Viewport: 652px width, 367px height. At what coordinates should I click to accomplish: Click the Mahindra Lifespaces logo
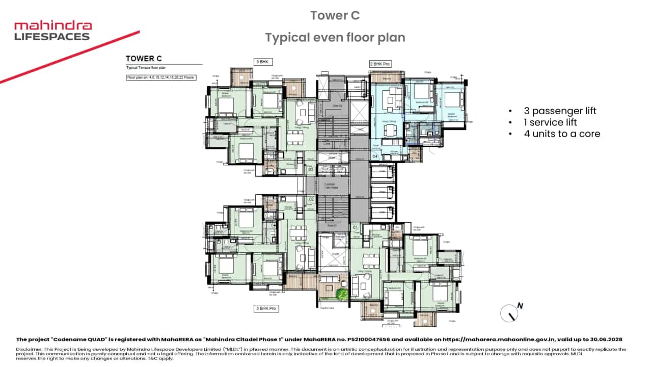click(52, 31)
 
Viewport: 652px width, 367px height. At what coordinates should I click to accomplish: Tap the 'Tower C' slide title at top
click(335, 16)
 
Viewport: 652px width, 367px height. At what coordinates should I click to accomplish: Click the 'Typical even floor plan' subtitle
click(335, 37)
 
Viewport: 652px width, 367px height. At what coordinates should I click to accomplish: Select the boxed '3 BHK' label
click(264, 62)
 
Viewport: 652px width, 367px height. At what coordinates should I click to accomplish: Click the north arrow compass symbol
click(511, 312)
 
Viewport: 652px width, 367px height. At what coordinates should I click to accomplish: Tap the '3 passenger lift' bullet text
click(560, 111)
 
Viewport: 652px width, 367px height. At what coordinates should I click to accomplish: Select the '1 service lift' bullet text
click(556, 122)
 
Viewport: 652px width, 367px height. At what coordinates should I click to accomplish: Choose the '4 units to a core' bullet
click(562, 134)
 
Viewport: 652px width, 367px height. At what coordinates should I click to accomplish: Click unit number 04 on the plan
click(375, 156)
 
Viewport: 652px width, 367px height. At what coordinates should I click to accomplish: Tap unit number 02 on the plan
click(311, 199)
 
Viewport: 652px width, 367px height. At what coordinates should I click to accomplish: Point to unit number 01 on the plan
click(356, 227)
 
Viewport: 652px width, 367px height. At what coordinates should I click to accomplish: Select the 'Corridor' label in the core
click(330, 184)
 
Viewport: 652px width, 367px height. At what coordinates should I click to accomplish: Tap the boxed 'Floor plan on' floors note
click(161, 77)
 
